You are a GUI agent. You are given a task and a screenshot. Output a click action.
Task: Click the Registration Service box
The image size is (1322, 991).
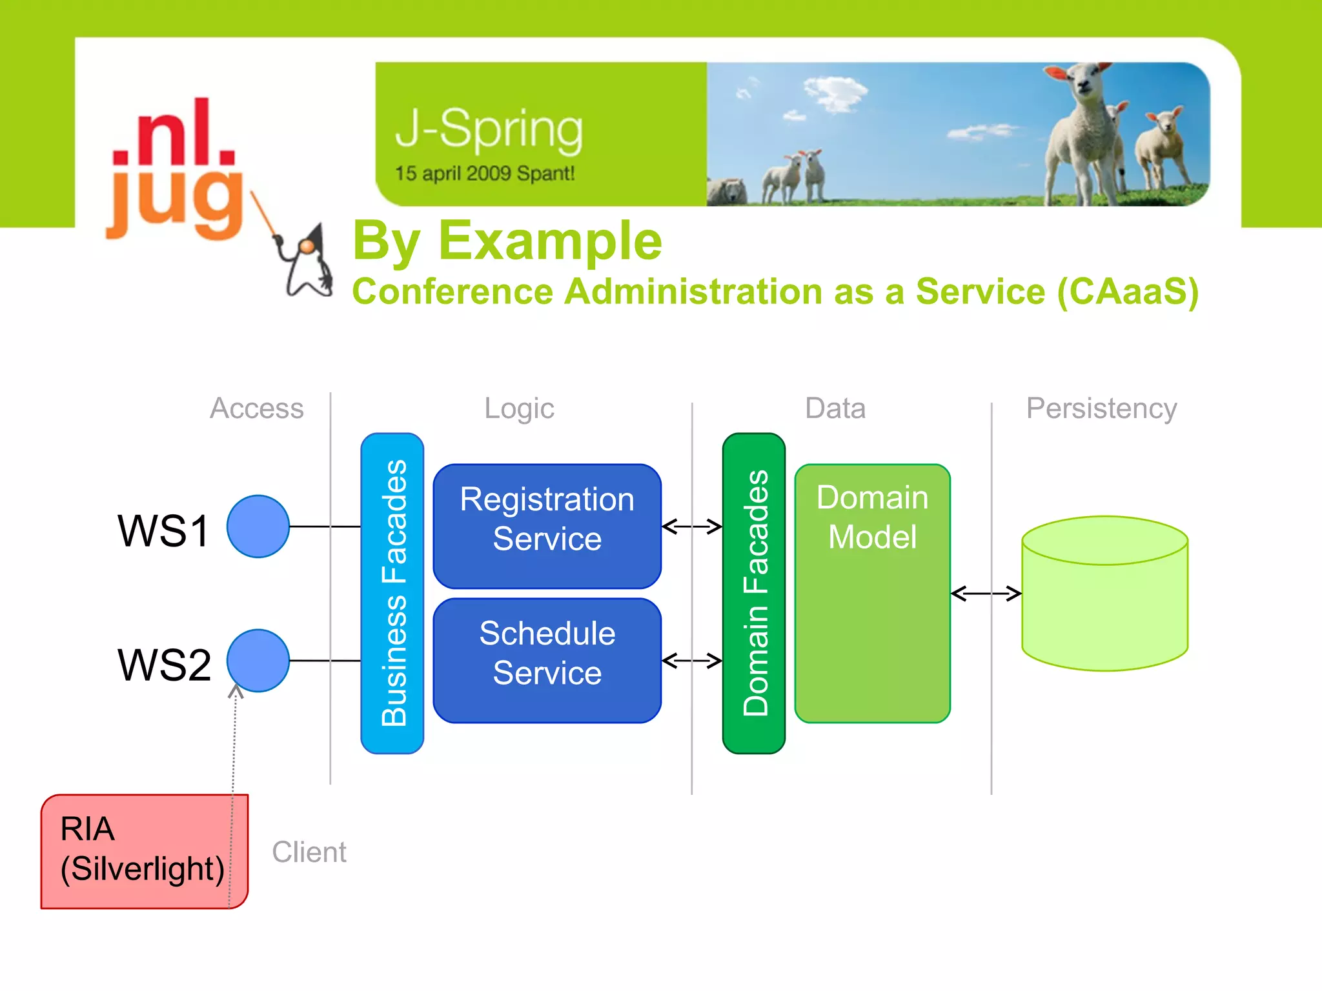(x=547, y=526)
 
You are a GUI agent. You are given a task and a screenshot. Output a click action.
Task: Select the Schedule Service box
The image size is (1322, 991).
(x=547, y=660)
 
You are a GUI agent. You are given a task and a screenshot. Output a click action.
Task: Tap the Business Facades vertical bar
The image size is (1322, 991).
(x=392, y=592)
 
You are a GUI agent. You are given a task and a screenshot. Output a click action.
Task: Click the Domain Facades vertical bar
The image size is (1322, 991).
(x=753, y=592)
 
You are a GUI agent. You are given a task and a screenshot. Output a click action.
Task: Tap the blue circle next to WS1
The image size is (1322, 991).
(x=258, y=526)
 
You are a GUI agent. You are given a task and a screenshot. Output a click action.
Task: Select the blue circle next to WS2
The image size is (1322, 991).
(x=258, y=660)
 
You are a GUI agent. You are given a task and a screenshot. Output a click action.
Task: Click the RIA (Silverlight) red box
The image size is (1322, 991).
(x=143, y=850)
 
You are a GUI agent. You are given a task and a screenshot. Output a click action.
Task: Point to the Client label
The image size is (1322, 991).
(x=309, y=852)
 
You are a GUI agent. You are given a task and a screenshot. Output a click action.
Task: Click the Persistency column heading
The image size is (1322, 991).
(x=1101, y=408)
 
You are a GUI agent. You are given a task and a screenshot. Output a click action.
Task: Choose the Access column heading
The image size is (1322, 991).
(x=256, y=408)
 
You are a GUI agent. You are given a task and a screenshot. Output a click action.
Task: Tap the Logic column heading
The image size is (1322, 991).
(x=519, y=408)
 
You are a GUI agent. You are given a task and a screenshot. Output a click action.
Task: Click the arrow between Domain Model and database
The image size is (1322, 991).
(x=986, y=593)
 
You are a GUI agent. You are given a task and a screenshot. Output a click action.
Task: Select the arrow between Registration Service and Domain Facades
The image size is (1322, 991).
(x=691, y=526)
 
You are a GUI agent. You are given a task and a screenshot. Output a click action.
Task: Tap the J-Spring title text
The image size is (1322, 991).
(x=489, y=129)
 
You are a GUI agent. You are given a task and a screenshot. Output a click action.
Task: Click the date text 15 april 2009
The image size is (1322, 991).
(x=453, y=174)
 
